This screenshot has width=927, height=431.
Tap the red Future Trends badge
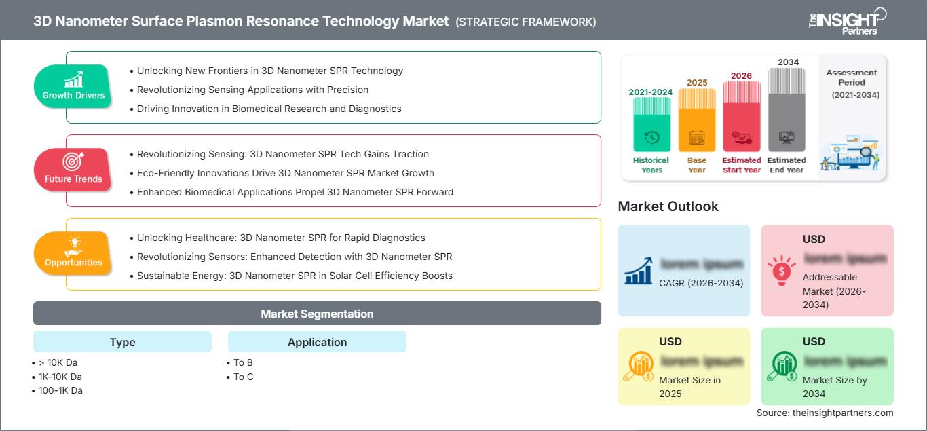click(73, 170)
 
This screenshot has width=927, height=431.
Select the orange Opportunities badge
click(73, 253)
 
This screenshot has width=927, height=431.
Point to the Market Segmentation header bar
click(317, 314)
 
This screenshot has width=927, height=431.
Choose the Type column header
click(122, 342)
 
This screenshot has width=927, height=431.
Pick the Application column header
click(317, 342)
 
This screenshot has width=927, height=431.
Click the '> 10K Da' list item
click(60, 362)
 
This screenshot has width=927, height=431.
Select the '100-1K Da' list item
click(61, 390)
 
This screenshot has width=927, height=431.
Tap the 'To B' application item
click(243, 362)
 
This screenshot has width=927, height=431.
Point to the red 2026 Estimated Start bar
click(741, 115)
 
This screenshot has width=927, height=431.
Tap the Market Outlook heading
click(668, 206)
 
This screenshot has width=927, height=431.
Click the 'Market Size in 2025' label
click(689, 387)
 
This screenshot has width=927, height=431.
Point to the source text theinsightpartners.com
click(825, 413)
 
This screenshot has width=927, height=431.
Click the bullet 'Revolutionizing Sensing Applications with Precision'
click(252, 90)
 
